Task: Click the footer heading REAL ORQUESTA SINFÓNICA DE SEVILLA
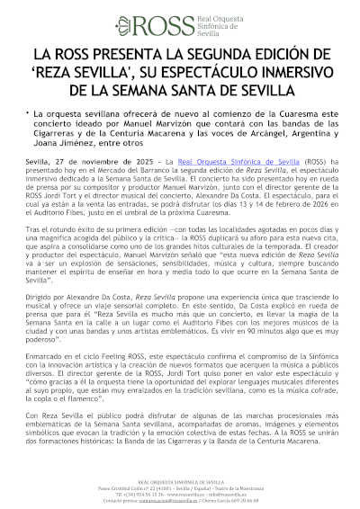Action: [x=180, y=484]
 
